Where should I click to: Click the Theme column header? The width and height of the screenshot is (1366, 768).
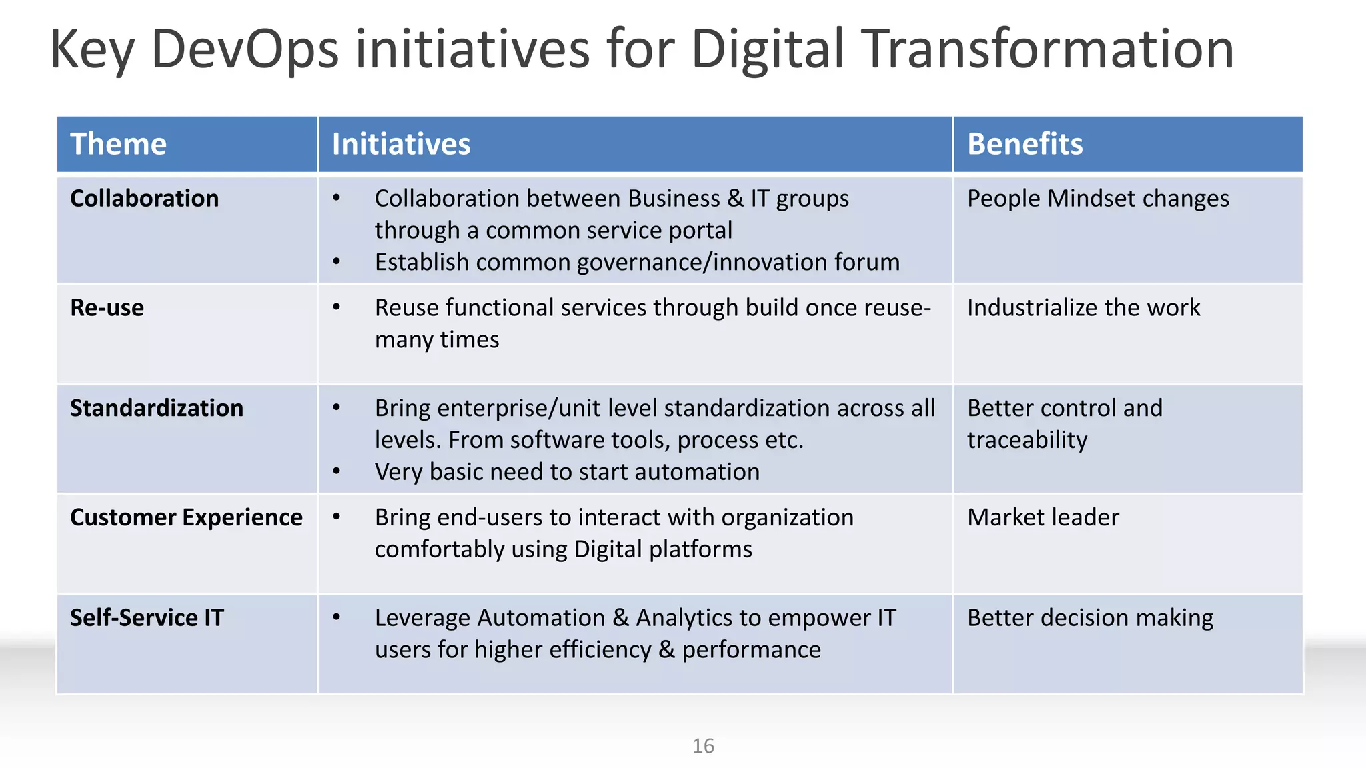pyautogui.click(x=119, y=144)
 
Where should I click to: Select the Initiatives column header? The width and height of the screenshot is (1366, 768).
pyautogui.click(x=401, y=144)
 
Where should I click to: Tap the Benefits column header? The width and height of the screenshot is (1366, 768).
pyautogui.click(x=1024, y=144)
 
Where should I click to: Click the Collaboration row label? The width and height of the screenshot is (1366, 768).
pyautogui.click(x=144, y=199)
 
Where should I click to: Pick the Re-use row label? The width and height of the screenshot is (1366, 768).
pyautogui.click(x=107, y=308)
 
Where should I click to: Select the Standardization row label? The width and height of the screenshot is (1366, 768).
pyautogui.click(x=157, y=408)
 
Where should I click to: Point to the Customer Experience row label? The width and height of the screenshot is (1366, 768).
pyautogui.click(x=186, y=517)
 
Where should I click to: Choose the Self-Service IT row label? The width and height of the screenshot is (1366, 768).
pyautogui.click(x=147, y=618)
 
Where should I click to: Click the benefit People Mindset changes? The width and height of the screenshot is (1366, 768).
pyautogui.click(x=1098, y=199)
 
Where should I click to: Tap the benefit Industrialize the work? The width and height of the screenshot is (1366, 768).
pyautogui.click(x=1083, y=308)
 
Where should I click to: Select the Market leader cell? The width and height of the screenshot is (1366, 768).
pyautogui.click(x=1043, y=517)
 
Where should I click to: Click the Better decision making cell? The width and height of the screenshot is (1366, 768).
pyautogui.click(x=1090, y=618)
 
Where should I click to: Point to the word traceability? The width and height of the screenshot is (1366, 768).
pyautogui.click(x=1027, y=440)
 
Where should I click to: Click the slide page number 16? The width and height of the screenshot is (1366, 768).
pyautogui.click(x=703, y=745)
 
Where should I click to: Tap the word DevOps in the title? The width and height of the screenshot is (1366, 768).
pyautogui.click(x=245, y=49)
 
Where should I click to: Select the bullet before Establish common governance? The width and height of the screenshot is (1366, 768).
pyautogui.click(x=337, y=262)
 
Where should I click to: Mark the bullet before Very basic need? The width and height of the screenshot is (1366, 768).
pyautogui.click(x=337, y=471)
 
